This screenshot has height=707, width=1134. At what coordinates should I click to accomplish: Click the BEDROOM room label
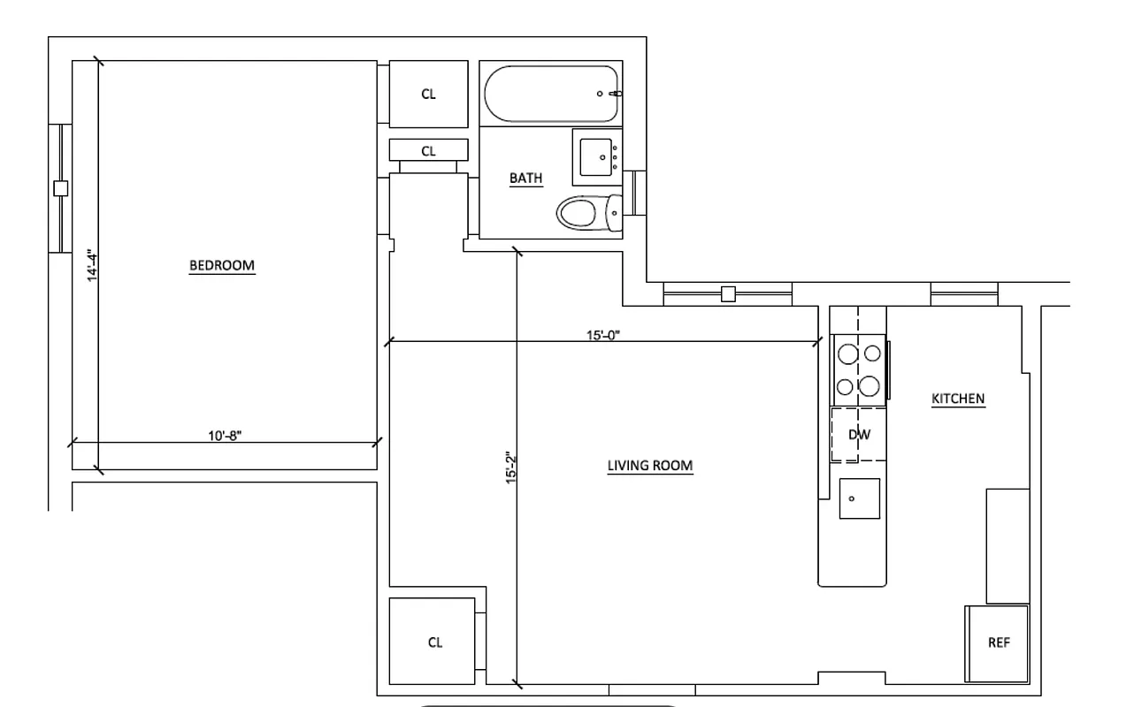[x=222, y=266]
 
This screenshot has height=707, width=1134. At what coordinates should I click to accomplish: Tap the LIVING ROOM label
[x=649, y=466]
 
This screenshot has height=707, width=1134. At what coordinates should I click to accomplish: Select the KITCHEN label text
[x=958, y=399]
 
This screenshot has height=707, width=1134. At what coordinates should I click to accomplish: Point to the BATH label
[x=525, y=179]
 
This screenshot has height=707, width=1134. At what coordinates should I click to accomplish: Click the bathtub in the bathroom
[x=551, y=94]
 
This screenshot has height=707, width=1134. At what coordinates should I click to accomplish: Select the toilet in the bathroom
[x=586, y=212]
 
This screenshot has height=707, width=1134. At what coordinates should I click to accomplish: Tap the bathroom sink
[x=597, y=157]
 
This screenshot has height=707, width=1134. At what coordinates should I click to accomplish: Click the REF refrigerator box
[x=998, y=643]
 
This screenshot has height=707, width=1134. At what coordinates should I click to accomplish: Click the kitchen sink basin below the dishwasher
[x=859, y=498]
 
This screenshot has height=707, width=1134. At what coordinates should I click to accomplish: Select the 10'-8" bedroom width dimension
[x=226, y=435]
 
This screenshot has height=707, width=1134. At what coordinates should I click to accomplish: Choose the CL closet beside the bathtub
[x=428, y=95]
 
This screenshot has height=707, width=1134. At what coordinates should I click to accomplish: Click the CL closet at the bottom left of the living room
[x=435, y=642]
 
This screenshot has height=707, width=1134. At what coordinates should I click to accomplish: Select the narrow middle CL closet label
[x=428, y=151]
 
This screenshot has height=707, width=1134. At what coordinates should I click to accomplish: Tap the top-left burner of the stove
[x=847, y=353]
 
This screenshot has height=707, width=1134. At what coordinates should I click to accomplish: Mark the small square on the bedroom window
[x=60, y=187]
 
